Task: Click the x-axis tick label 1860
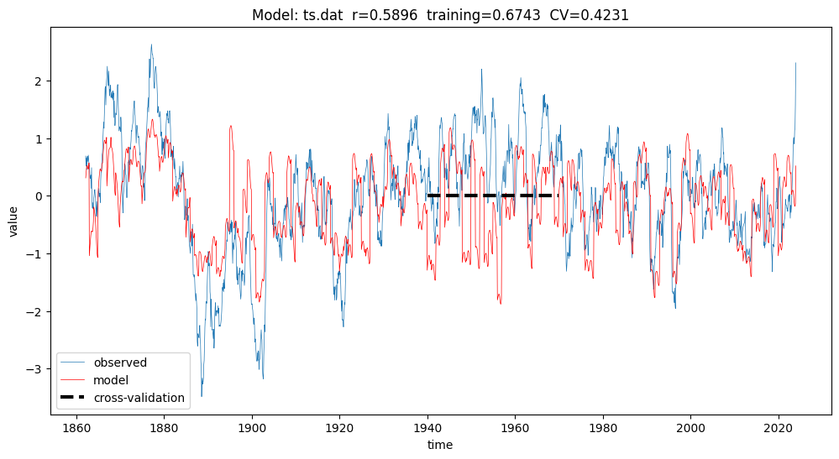pos(76,428)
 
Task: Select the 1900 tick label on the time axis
pos(251,428)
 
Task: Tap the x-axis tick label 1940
pos(427,428)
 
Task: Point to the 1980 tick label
pos(603,428)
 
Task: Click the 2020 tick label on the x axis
pos(779,428)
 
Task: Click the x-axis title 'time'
pos(440,445)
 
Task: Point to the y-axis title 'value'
pos(13,222)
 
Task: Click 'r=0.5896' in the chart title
pos(384,15)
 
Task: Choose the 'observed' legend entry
pos(120,363)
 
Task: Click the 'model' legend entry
pos(111,380)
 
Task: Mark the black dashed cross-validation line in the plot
pos(493,196)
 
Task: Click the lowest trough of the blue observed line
pos(202,396)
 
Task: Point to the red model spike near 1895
pos(231,127)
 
